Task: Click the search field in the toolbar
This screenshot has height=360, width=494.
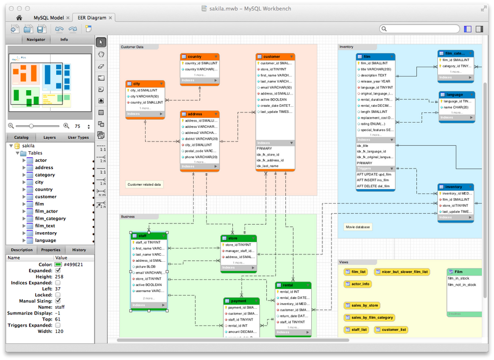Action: (419, 29)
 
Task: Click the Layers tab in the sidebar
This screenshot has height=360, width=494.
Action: (49, 138)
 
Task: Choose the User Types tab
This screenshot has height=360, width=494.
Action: (78, 138)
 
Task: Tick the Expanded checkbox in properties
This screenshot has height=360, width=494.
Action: (57, 270)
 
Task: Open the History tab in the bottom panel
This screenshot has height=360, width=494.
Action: (79, 250)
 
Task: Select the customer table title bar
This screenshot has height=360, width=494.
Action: (275, 56)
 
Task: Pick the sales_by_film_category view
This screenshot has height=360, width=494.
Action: (372, 317)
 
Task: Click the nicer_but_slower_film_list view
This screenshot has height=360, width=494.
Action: (404, 272)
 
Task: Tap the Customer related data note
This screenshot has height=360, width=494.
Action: (144, 184)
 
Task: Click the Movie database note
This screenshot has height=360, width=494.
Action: (358, 227)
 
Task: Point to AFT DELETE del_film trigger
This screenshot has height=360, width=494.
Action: (374, 186)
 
